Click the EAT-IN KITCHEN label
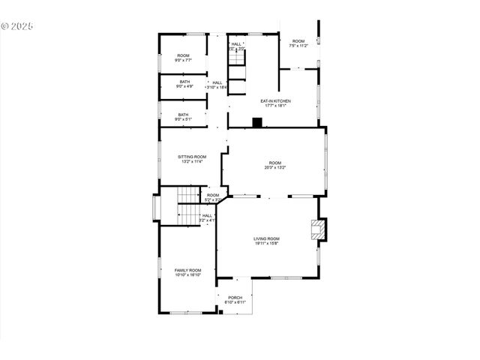tap(275, 100)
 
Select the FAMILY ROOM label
tap(188, 270)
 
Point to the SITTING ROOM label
tap(192, 157)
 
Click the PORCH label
tap(235, 297)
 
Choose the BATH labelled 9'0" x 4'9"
tap(184, 81)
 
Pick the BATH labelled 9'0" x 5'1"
tap(184, 115)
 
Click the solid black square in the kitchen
tap(256, 122)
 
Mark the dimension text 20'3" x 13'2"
tap(275, 167)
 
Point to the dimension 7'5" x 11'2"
tap(298, 46)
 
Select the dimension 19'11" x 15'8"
tap(266, 243)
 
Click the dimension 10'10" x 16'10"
tap(188, 275)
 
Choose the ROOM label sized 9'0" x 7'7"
tap(184, 56)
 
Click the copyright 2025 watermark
tap(17, 25)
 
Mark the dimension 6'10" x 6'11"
tap(235, 302)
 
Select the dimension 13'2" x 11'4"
tap(192, 161)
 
